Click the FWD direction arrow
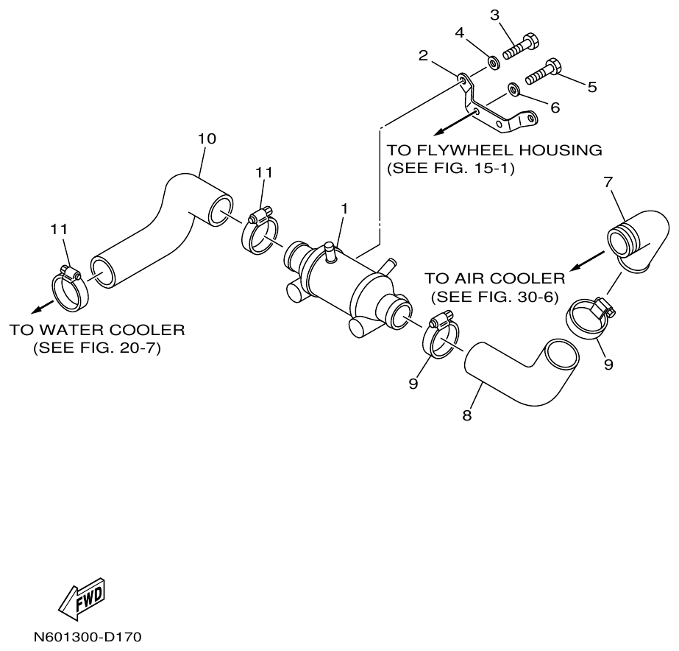point(80,598)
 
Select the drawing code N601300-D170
point(86,636)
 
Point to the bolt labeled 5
point(545,74)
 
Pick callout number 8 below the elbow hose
point(466,415)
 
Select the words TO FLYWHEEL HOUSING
point(494,150)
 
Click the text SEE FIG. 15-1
point(449,169)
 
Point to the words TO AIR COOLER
point(494,278)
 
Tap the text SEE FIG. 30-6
point(494,297)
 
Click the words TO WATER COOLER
point(96,329)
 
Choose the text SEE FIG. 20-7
point(96,348)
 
